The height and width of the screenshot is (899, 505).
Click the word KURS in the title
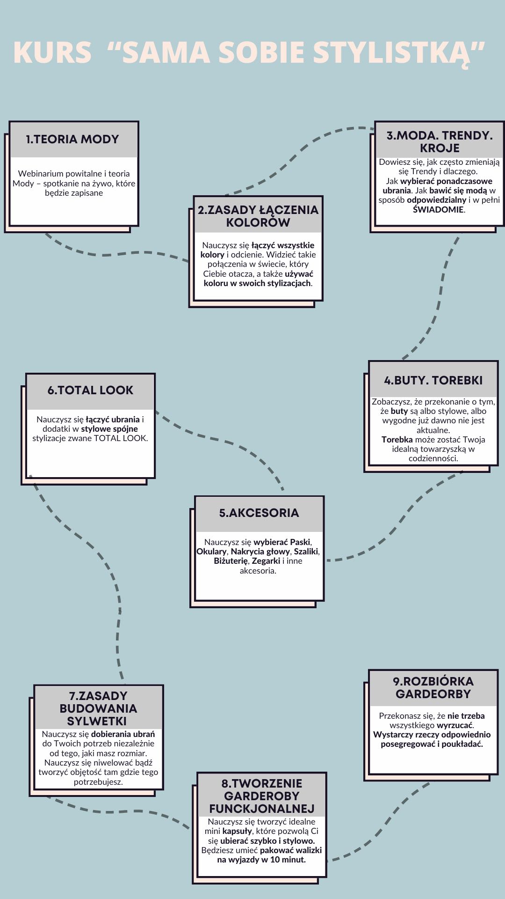52,52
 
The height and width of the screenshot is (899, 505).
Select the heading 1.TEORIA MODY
72,139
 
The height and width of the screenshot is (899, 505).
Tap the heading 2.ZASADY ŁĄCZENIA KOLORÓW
258,216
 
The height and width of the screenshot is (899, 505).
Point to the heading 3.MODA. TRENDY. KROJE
440,141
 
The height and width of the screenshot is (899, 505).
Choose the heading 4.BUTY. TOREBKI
433,380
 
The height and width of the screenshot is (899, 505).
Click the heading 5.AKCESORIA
259,513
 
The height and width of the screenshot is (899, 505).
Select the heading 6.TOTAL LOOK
90,390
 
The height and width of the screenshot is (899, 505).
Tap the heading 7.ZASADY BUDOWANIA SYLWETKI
98,708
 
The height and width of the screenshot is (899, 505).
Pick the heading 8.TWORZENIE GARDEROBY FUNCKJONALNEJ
262,796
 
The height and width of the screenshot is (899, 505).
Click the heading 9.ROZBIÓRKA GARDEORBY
433,687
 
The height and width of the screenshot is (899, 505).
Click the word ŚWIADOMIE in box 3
438,210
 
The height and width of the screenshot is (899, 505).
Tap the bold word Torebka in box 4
397,440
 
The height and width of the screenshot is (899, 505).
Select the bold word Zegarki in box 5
266,561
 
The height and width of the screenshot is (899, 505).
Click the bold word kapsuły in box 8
237,831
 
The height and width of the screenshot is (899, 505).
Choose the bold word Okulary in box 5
211,552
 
